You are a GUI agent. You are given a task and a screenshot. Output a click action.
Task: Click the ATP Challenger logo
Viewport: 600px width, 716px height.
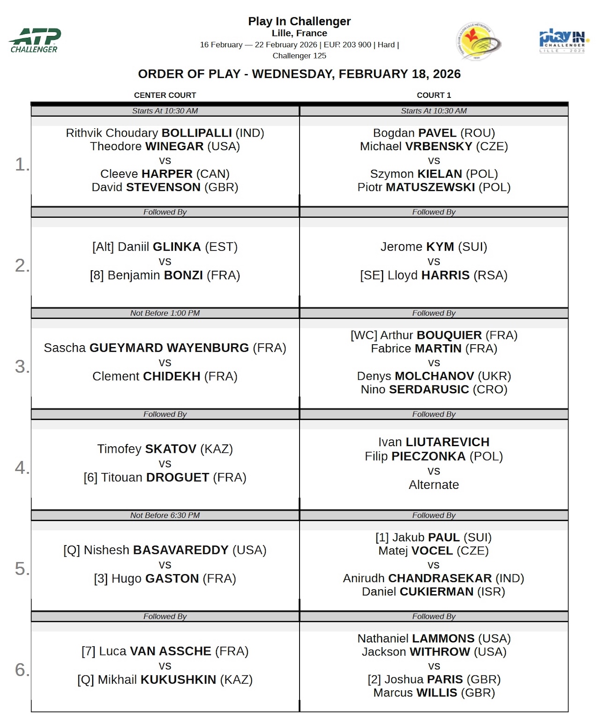coord(35,40)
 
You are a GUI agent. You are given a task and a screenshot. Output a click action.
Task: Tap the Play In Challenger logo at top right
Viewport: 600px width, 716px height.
coord(563,41)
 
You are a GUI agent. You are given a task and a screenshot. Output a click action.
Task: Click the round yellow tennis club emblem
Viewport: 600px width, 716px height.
coord(478,42)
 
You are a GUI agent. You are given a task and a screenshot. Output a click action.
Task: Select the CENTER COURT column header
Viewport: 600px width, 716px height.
coord(165,95)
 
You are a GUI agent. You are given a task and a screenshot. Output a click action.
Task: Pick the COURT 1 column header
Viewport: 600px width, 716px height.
coord(434,95)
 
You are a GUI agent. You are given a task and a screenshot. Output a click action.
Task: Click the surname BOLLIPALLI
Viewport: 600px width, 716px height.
coord(196,133)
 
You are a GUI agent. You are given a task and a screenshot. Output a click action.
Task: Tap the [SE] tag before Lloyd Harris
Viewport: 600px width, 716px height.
coord(372,275)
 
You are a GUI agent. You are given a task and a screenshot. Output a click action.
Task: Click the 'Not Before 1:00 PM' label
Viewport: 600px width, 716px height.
coord(165,313)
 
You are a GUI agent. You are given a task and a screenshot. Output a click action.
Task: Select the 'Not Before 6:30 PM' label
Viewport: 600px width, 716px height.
coord(165,516)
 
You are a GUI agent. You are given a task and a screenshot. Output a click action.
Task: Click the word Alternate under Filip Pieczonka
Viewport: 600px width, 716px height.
coord(434,485)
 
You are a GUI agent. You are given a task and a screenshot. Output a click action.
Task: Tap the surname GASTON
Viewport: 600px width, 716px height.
coord(172,579)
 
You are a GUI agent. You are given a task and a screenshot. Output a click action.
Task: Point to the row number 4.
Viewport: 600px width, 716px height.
coord(21,467)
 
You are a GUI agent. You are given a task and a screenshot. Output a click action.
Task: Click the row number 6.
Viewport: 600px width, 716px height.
coord(21,670)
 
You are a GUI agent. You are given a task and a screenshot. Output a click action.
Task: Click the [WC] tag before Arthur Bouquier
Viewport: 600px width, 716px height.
coord(364,335)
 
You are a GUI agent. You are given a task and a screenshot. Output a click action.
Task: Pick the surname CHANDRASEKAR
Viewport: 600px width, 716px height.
coord(440,578)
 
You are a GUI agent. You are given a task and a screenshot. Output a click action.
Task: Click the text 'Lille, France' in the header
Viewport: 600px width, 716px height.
coord(300,33)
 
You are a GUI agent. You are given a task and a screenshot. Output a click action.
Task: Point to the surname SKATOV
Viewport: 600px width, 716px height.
coord(171,449)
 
